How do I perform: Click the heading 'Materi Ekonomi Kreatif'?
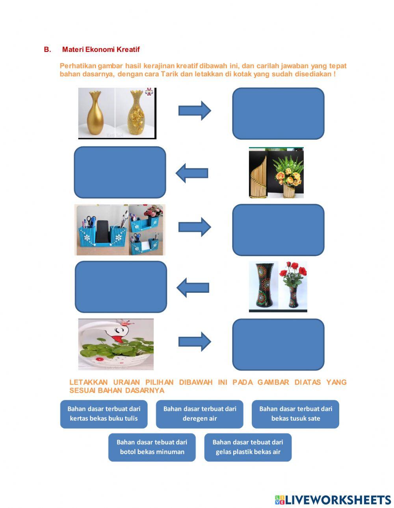(101, 50)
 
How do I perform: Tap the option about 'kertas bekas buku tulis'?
(104, 414)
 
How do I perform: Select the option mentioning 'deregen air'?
(199, 414)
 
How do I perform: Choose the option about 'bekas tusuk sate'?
(295, 414)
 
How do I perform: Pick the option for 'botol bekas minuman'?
(152, 447)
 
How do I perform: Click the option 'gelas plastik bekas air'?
(248, 447)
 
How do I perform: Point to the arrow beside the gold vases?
(195, 111)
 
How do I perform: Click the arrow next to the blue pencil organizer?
(195, 227)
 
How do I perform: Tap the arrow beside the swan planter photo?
(195, 342)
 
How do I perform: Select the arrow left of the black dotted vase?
(193, 288)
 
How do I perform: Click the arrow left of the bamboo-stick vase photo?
(192, 173)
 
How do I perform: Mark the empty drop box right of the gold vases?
(278, 113)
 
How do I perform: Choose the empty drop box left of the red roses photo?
(121, 287)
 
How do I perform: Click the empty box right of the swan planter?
(278, 344)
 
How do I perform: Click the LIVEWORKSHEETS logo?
(333, 500)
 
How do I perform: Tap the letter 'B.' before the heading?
(48, 50)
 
